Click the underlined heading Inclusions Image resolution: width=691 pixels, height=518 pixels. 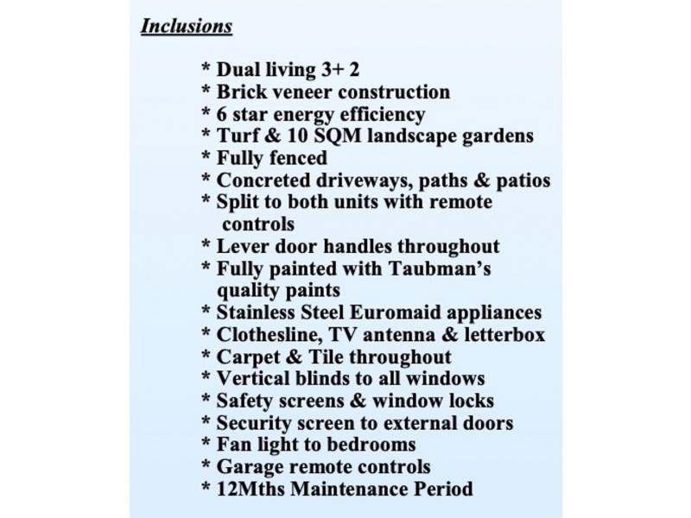point(186,26)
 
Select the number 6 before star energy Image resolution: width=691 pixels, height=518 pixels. point(221,114)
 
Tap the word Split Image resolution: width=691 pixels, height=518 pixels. point(238,203)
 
